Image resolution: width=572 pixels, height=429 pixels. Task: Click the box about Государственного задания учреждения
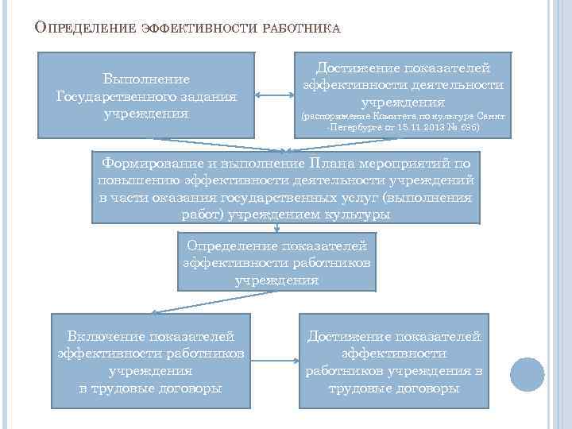pos(147,95)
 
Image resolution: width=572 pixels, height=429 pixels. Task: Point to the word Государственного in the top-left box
pos(147,96)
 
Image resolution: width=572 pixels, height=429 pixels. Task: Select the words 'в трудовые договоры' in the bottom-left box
pos(151,388)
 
